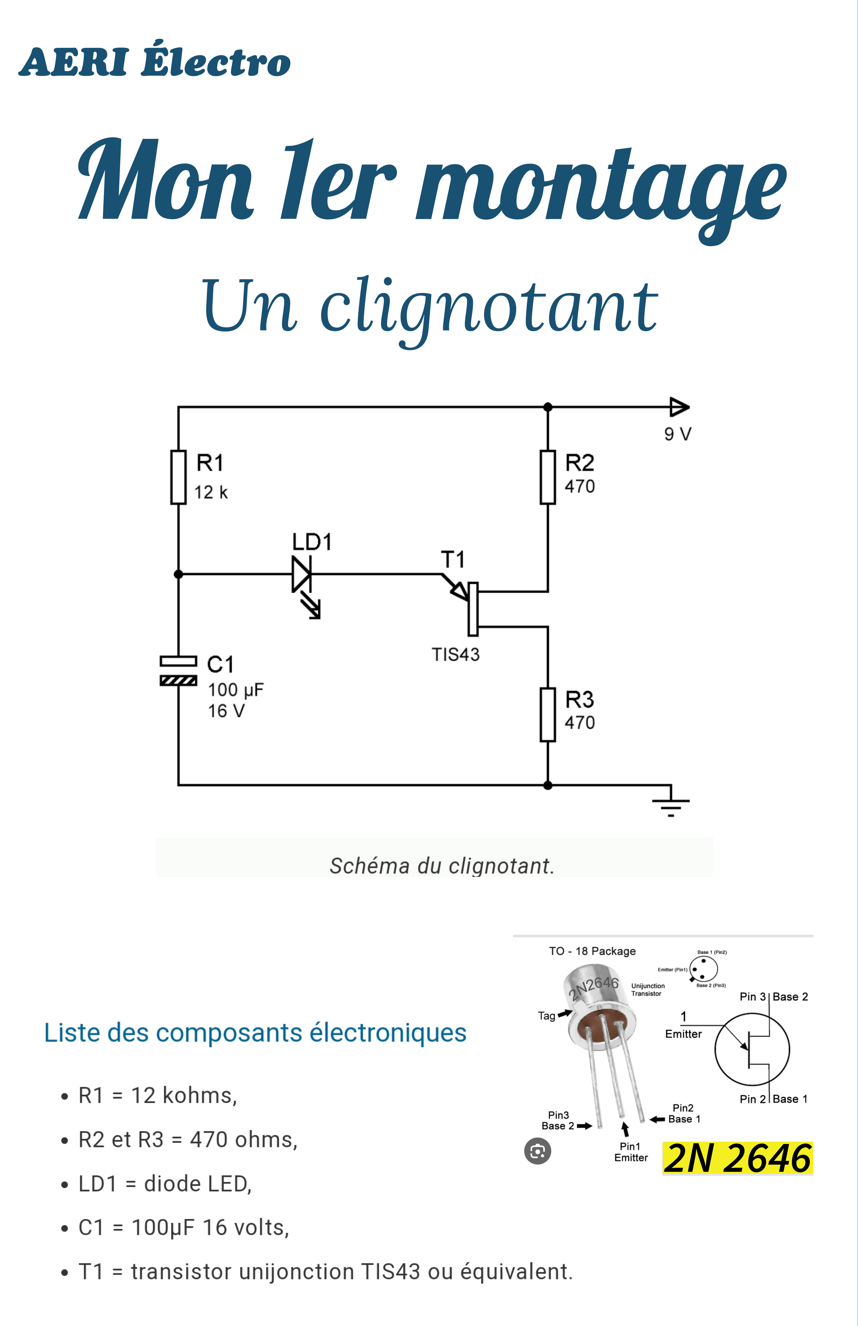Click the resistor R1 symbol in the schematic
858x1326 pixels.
pos(178,477)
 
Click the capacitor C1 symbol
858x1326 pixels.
pos(178,670)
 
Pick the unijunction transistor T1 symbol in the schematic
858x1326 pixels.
pos(471,607)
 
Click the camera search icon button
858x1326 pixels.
pos(538,1151)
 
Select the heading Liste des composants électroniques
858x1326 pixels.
pos(255,1032)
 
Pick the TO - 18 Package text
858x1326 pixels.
pos(592,951)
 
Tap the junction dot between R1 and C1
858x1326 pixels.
pos(178,574)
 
